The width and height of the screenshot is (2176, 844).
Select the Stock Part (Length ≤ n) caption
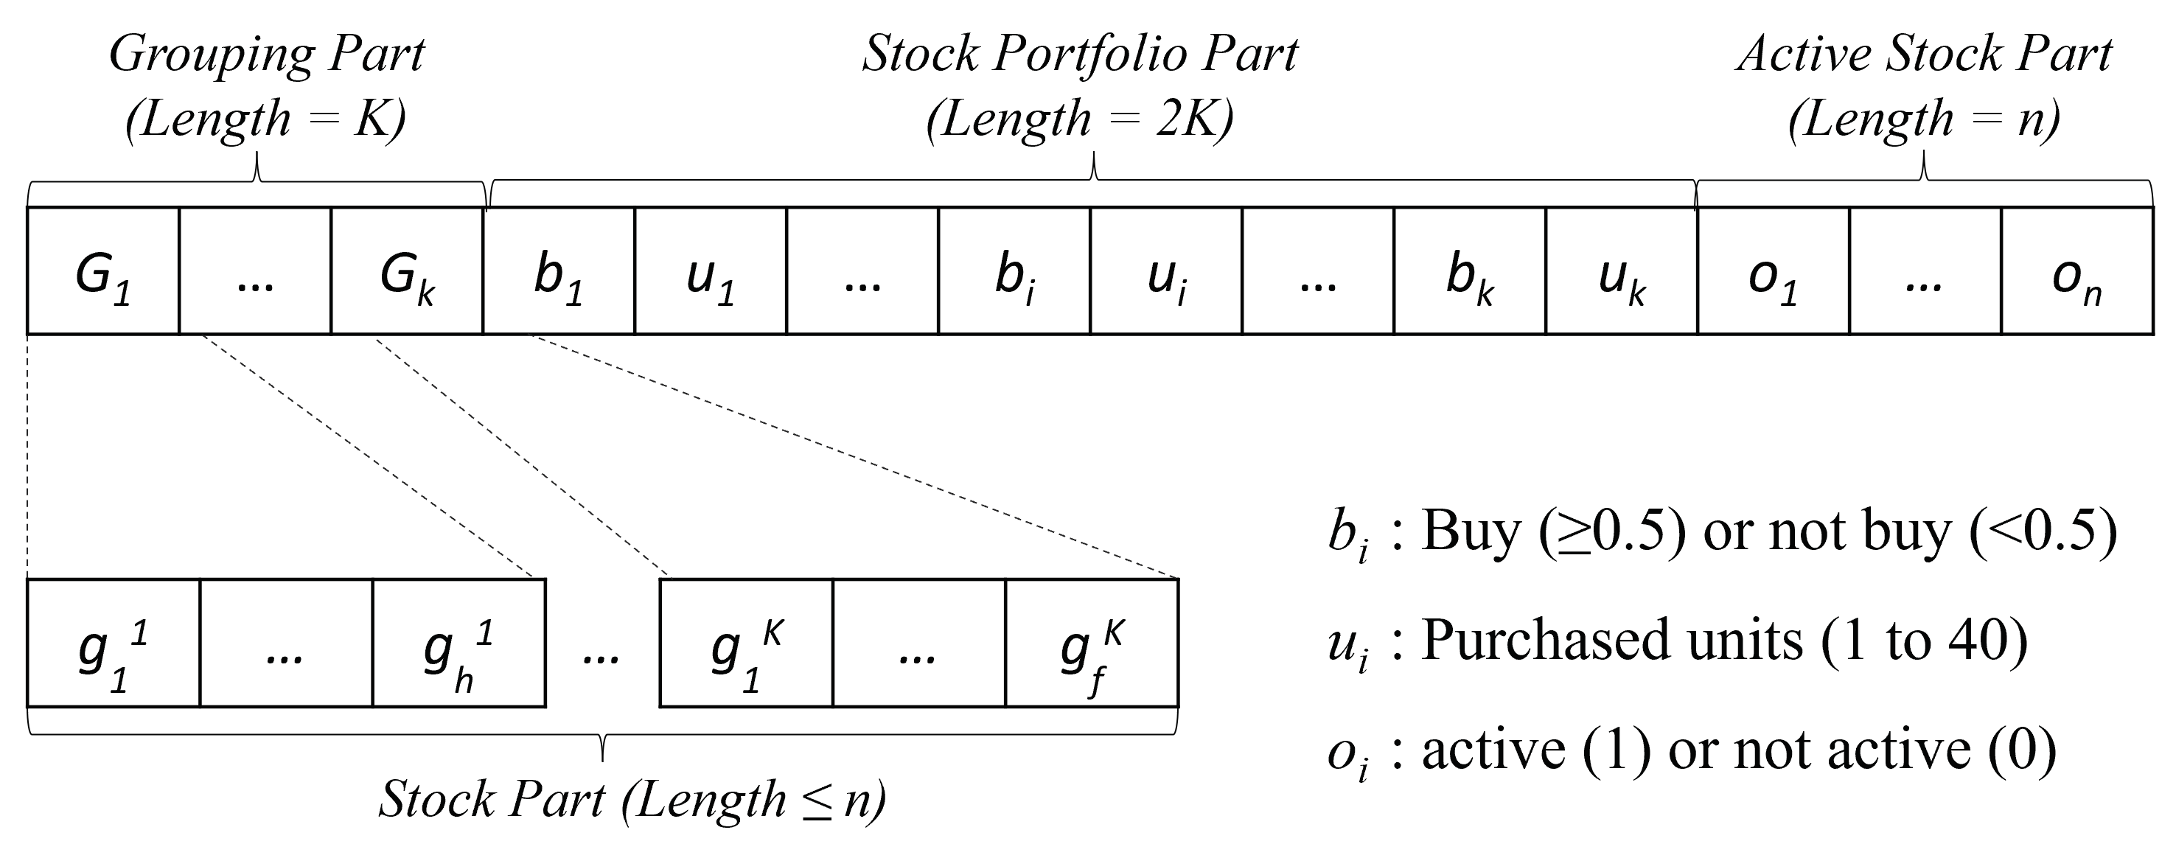coord(632,799)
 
